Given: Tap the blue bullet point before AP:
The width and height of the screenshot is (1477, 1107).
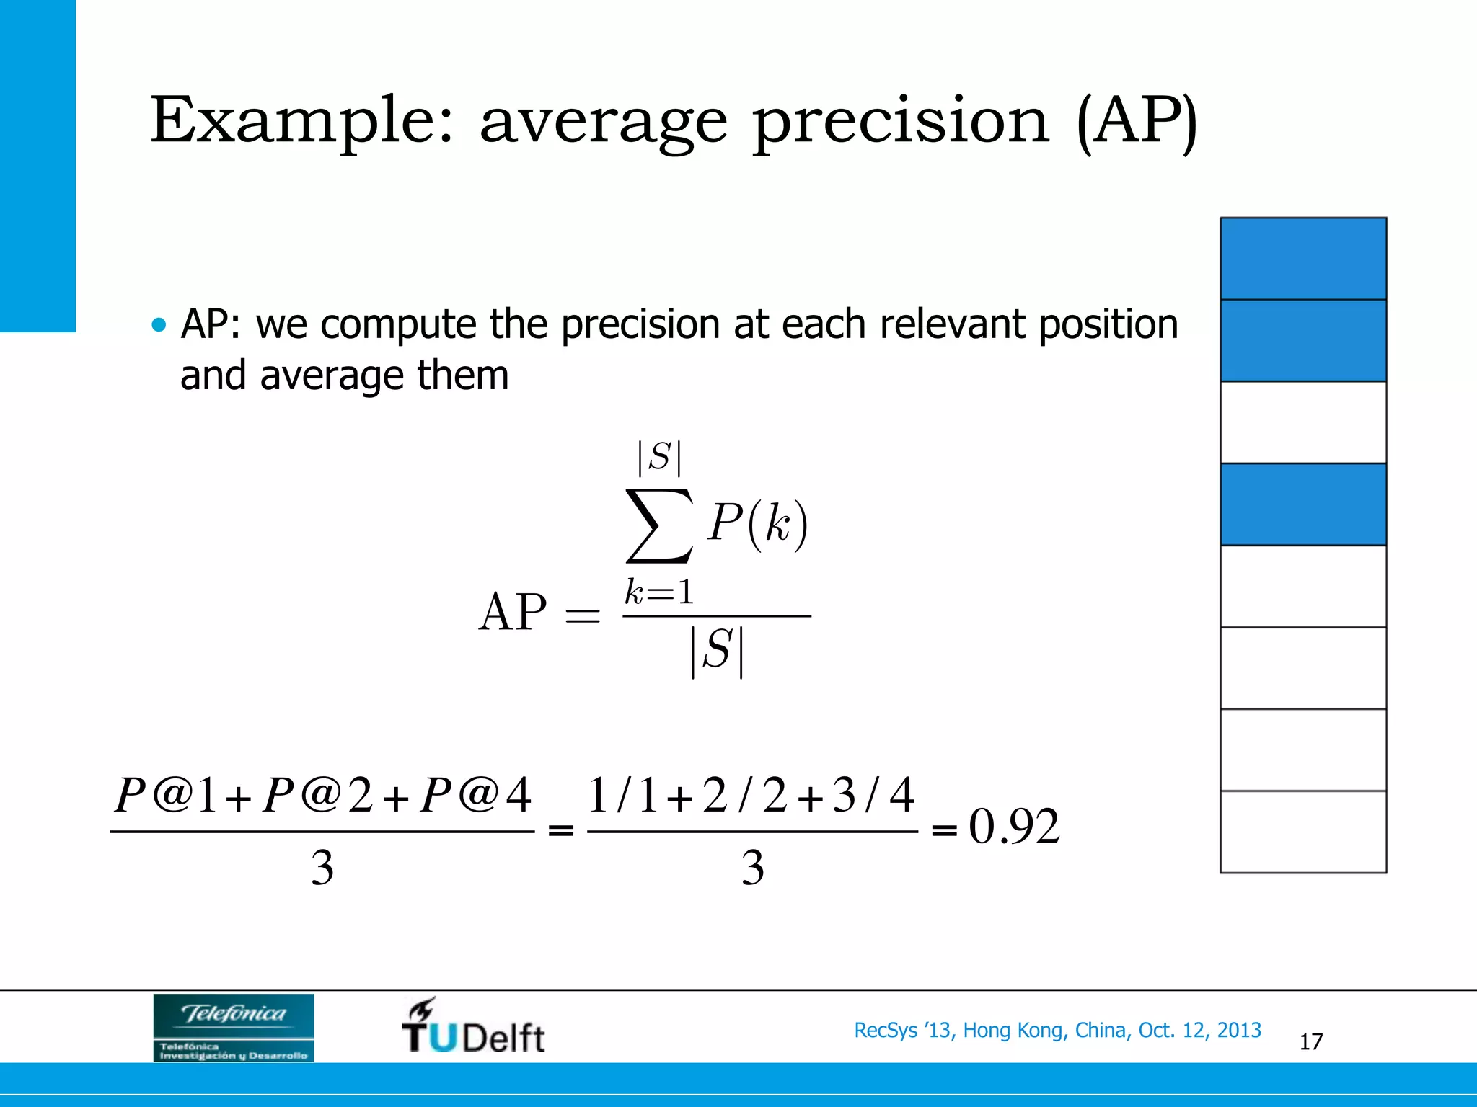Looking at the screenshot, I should click(x=159, y=325).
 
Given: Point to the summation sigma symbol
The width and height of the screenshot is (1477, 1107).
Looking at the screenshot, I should click(x=659, y=525).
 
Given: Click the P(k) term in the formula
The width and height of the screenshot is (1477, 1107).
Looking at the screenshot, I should click(x=757, y=523).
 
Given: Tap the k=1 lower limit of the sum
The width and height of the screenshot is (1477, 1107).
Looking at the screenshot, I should click(x=659, y=593).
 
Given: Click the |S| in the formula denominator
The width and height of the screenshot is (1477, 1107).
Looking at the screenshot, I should click(x=717, y=651).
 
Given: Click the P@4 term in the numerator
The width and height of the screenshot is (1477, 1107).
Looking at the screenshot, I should click(x=476, y=796).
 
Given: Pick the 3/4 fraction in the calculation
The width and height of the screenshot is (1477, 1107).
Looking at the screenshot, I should click(x=873, y=796).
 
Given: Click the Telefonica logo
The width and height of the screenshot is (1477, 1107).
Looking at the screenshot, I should click(x=233, y=1027).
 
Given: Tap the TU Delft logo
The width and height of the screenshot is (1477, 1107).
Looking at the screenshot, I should click(x=473, y=1027).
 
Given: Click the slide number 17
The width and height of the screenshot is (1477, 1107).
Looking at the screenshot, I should click(x=1310, y=1041).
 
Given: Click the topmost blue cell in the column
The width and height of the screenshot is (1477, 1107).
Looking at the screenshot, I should click(x=1303, y=259).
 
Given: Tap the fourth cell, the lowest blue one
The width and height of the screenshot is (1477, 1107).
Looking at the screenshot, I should click(x=1303, y=504).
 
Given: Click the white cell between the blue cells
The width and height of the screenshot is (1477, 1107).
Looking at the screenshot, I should click(x=1303, y=422).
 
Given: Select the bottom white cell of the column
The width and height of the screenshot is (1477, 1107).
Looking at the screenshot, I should click(x=1303, y=832).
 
